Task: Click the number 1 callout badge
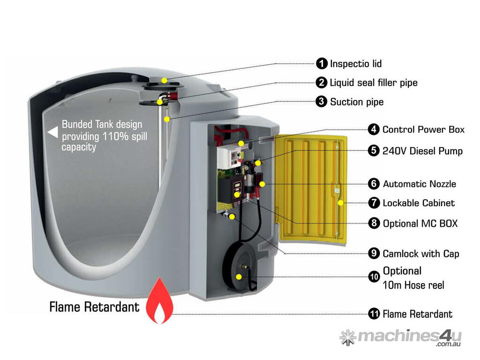click(x=322, y=63)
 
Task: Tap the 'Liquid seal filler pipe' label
click(x=373, y=83)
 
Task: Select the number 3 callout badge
click(x=321, y=101)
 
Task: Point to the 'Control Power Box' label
click(x=423, y=129)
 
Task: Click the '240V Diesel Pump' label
click(x=422, y=151)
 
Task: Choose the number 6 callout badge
click(x=374, y=184)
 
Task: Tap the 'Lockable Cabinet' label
click(x=419, y=203)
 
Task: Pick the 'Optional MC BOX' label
click(x=420, y=223)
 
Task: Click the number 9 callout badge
click(x=374, y=253)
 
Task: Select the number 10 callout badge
click(x=374, y=277)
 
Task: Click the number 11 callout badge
click(x=374, y=314)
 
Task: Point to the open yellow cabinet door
click(x=309, y=187)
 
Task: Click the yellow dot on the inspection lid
click(x=164, y=80)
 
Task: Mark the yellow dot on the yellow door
click(x=340, y=203)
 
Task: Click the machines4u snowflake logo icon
click(x=348, y=337)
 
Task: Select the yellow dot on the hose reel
click(x=239, y=277)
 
